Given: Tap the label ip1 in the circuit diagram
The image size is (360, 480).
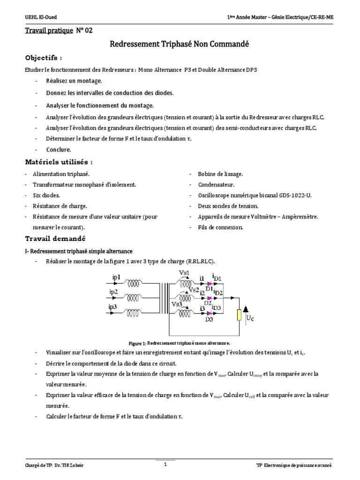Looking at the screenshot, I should [x=116, y=277].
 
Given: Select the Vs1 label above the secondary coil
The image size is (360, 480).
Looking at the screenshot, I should [x=184, y=273].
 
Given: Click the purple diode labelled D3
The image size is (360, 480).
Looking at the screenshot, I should [x=209, y=314].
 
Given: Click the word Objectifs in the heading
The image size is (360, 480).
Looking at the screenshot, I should [x=42, y=58].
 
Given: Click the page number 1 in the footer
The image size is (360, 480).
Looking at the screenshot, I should [x=165, y=464].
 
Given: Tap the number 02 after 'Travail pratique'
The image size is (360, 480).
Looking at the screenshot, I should [x=88, y=31].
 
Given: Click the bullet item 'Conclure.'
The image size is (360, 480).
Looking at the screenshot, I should [x=59, y=150].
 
